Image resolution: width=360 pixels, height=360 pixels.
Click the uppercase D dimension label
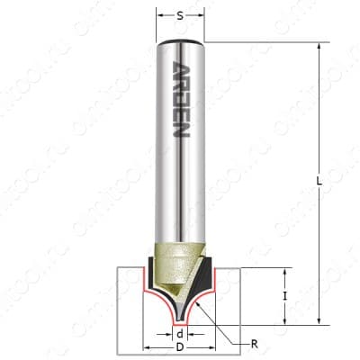coord(180,348)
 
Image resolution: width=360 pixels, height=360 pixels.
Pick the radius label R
coord(255,343)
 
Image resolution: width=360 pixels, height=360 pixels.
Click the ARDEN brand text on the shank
coord(180,98)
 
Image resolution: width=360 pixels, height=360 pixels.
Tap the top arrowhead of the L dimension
coord(319,46)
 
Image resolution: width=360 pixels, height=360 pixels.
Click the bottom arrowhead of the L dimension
coord(319,319)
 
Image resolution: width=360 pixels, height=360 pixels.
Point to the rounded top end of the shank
coord(180,42)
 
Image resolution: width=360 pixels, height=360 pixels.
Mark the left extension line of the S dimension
coord(157,22)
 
